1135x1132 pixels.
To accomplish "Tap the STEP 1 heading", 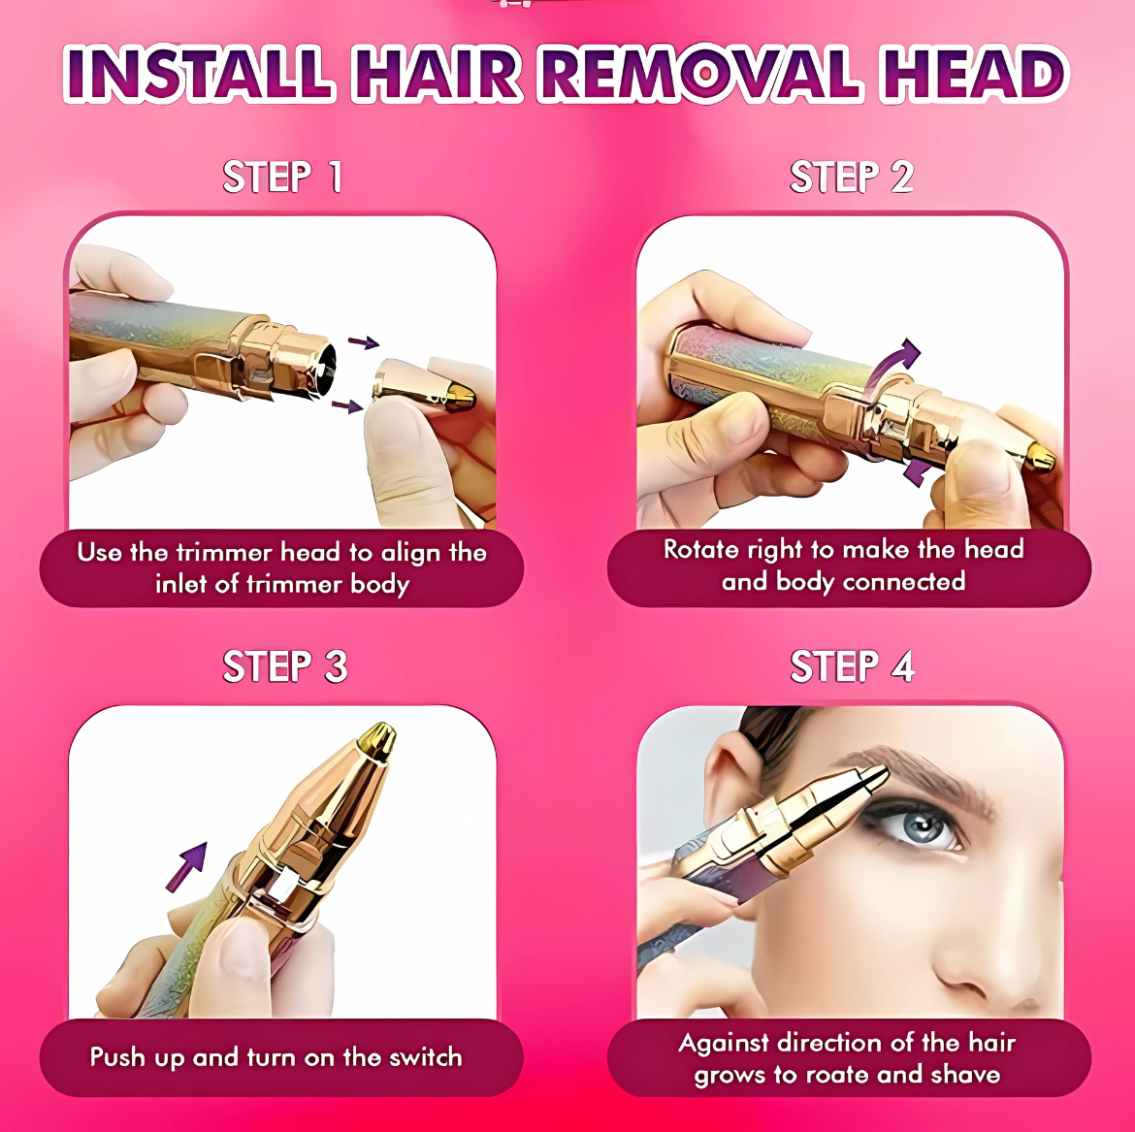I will [282, 178].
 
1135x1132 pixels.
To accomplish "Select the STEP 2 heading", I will [852, 178].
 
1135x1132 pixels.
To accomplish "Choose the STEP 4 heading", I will [853, 667].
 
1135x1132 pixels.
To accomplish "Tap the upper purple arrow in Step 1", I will [364, 341].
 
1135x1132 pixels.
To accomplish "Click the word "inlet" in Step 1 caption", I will [185, 584].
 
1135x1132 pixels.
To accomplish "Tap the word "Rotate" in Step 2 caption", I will [702, 549].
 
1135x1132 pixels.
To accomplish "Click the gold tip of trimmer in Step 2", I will [1042, 456].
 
